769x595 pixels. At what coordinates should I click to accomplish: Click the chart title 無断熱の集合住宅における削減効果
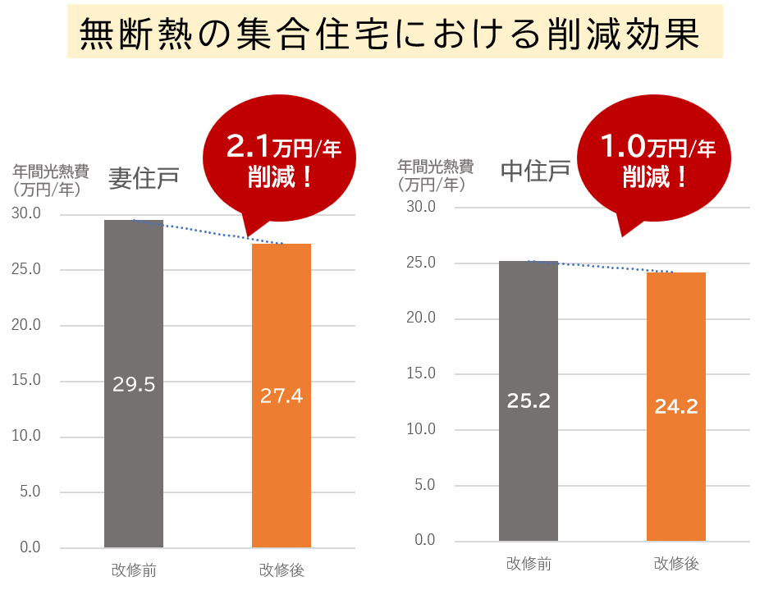point(394,34)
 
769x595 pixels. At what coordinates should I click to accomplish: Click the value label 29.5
point(134,385)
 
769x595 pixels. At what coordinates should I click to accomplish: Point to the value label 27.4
point(282,396)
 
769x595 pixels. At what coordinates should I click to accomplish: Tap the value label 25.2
point(529,401)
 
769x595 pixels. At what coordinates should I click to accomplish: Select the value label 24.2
point(676,406)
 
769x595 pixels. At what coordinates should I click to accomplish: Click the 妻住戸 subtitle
point(144,178)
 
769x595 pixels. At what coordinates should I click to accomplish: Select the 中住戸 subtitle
point(536,171)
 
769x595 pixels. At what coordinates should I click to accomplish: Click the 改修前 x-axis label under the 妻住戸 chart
point(134,570)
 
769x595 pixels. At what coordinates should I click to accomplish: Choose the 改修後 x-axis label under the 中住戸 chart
point(676,564)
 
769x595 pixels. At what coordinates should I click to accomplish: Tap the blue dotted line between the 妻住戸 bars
point(208,231)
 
